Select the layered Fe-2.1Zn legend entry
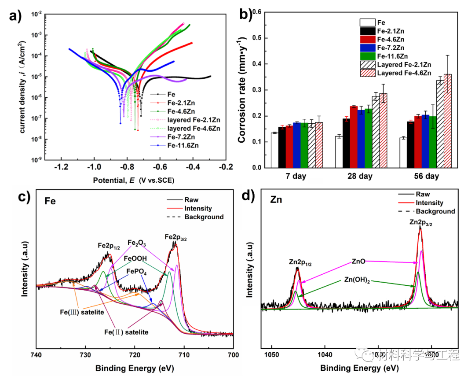[x=194, y=120]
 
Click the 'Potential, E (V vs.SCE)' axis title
[x=136, y=180]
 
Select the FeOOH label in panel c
[x=135, y=258]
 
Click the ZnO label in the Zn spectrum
[x=358, y=261]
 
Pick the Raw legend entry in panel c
[x=191, y=200]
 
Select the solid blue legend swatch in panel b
[x=367, y=48]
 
